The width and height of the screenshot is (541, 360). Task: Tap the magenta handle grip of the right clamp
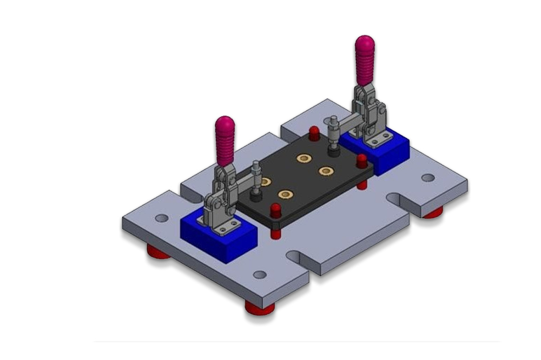coord(365,59)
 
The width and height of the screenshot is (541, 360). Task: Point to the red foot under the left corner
coord(158,251)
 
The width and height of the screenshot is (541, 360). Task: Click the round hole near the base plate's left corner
coord(161,218)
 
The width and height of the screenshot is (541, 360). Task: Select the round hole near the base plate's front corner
coord(260,275)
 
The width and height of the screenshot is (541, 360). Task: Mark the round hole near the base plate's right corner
coord(428,178)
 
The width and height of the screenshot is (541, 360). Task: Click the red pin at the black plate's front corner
coord(275,210)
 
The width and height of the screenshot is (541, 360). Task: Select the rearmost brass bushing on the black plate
coord(304,158)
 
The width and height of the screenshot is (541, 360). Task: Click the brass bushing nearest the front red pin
coord(285,194)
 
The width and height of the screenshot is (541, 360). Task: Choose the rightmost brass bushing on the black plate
coord(326,171)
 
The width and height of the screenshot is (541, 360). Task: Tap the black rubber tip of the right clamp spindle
coord(334,152)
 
